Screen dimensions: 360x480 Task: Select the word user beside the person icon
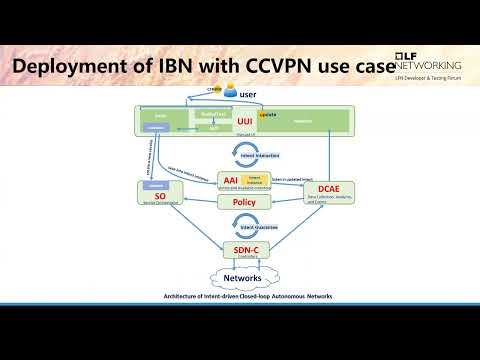(250, 97)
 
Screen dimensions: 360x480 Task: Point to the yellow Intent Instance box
(253, 180)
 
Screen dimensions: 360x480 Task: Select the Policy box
(243, 202)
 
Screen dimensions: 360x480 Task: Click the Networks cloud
(243, 277)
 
